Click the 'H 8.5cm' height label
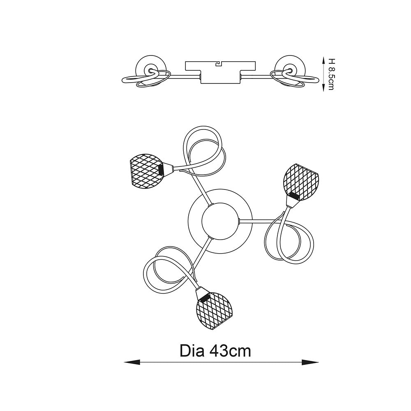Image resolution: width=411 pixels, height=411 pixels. [x=331, y=74]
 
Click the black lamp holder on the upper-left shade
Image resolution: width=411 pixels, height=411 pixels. [x=161, y=170]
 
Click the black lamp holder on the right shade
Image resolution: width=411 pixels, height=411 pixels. [x=294, y=195]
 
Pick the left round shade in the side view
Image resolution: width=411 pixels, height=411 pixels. [x=151, y=69]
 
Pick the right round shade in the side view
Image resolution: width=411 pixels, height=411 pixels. [x=290, y=69]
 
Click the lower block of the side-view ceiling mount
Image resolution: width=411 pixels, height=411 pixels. [x=220, y=77]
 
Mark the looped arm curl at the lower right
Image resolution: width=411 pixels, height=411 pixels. [x=289, y=238]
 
